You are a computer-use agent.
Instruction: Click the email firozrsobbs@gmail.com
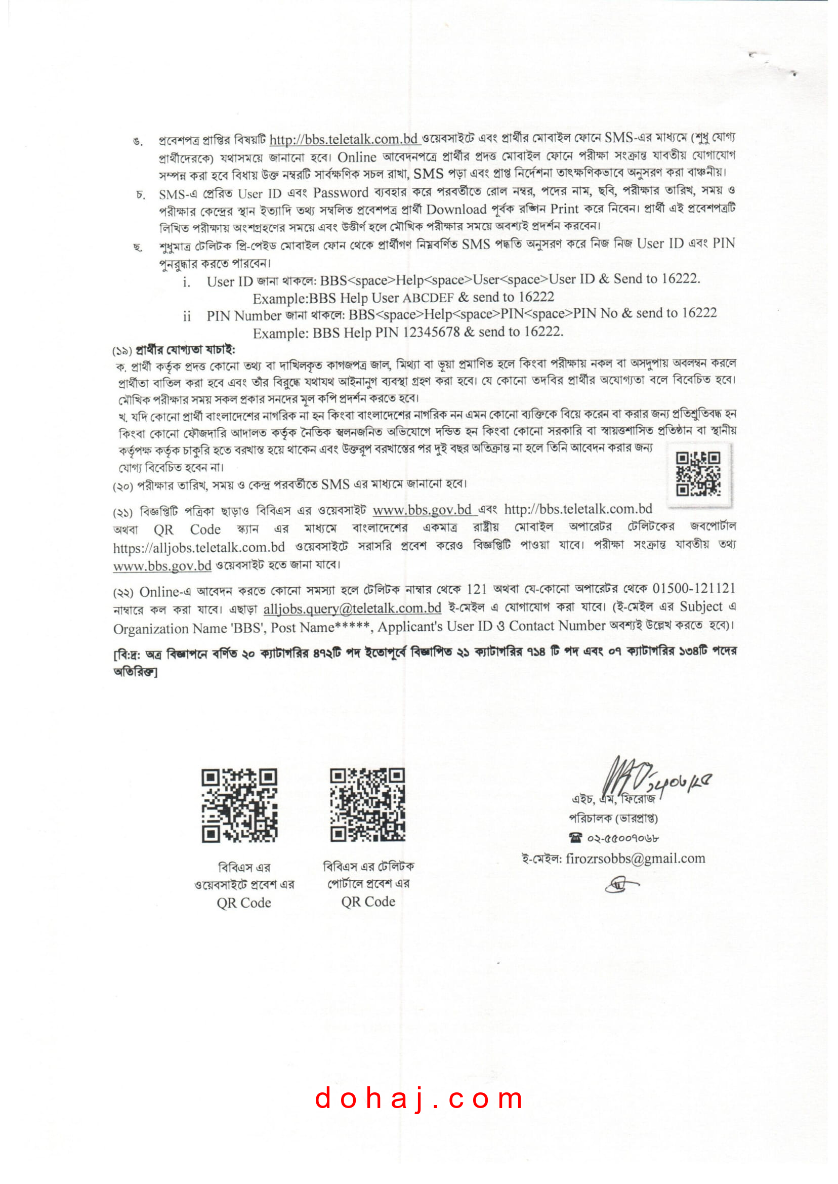(x=635, y=859)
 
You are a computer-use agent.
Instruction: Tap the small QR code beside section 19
(x=698, y=473)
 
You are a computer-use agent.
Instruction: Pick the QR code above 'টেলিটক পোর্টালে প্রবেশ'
(x=367, y=805)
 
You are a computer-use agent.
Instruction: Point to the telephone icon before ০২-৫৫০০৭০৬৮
(x=575, y=837)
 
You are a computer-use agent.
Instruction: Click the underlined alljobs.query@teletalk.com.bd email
(x=352, y=608)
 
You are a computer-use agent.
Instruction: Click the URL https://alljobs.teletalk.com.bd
(x=199, y=547)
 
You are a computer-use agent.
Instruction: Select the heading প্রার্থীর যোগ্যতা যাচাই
(x=185, y=350)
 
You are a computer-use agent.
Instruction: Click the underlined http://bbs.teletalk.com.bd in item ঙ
(x=344, y=139)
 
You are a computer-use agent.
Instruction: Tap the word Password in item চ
(x=341, y=192)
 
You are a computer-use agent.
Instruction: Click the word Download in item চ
(x=456, y=210)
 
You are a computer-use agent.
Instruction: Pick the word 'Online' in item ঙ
(x=357, y=157)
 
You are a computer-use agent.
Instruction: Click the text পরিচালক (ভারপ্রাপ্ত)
(x=613, y=818)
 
